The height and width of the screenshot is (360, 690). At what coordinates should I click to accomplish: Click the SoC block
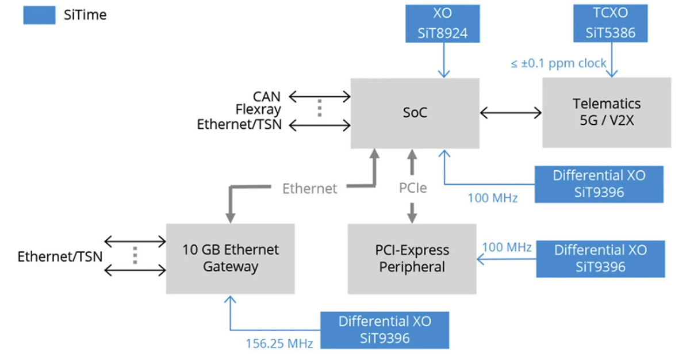[x=415, y=113]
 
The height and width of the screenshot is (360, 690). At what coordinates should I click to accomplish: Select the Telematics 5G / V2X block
[x=606, y=113]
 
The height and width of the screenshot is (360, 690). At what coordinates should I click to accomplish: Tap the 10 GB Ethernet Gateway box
[x=230, y=258]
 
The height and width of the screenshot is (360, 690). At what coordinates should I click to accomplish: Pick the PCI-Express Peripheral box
[x=412, y=259]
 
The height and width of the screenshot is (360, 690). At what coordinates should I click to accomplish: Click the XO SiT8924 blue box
[x=442, y=24]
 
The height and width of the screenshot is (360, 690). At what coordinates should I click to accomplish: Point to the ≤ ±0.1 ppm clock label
[x=558, y=63]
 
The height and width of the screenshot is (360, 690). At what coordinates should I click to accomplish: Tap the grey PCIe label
[x=412, y=188]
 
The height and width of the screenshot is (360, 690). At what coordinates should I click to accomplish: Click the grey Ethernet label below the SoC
[x=310, y=188]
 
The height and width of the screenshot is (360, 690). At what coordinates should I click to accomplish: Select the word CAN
[x=267, y=97]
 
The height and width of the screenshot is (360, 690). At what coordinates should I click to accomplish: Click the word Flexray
[x=258, y=110]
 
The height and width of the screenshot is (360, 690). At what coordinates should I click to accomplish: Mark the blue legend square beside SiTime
[x=39, y=16]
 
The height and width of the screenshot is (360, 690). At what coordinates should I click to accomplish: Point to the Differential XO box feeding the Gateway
[x=385, y=330]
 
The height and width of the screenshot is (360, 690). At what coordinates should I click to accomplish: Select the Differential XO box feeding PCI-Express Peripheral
[x=600, y=258]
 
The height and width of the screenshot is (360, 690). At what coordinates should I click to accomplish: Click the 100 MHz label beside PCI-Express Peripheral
[x=507, y=248]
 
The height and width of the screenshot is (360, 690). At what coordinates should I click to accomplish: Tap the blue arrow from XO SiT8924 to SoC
[x=443, y=60]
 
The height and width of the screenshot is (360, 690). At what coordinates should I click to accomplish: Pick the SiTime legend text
[x=85, y=16]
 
